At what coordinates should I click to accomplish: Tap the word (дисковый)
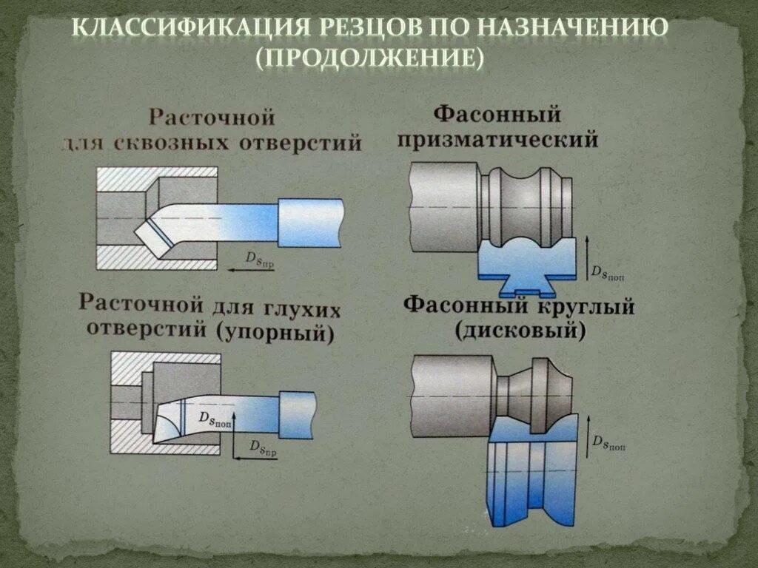click(x=520, y=331)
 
